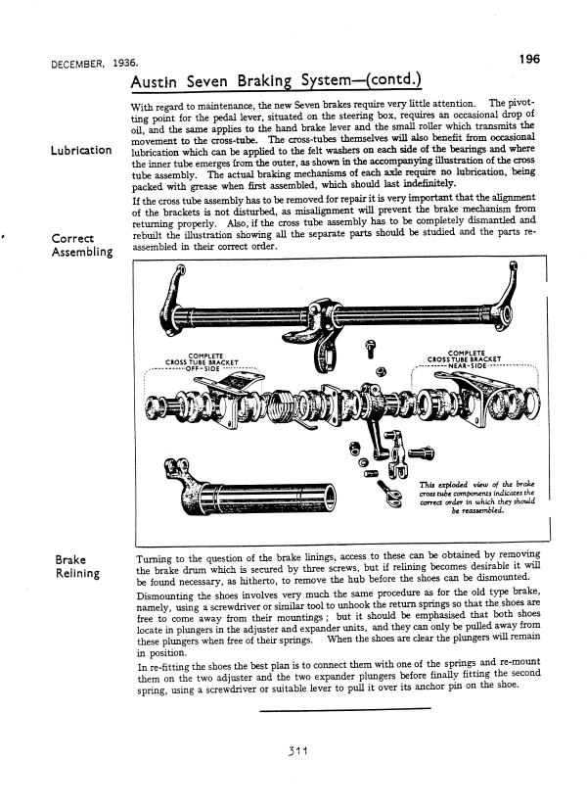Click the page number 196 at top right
pos(529,59)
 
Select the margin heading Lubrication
pos(75,151)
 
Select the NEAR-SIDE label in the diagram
pos(474,369)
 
